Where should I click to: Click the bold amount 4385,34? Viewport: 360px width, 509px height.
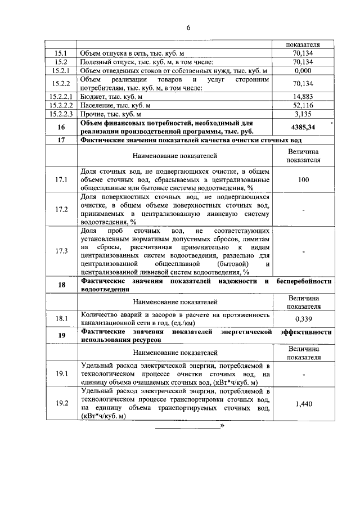303,127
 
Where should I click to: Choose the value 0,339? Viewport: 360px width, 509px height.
303,319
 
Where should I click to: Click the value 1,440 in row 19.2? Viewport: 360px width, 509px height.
303,403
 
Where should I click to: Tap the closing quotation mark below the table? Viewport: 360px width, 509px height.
223,426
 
